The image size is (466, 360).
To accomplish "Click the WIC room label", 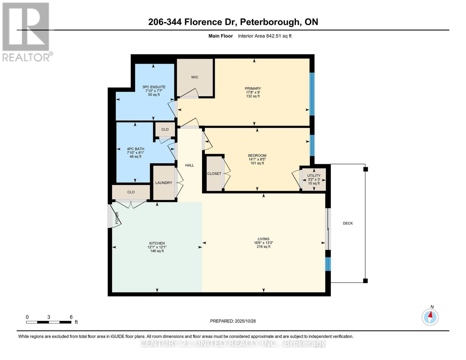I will [194, 77].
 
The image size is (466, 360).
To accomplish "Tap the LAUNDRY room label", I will [164, 183].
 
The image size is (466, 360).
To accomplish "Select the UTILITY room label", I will [314, 175].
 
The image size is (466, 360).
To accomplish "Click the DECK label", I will [348, 223].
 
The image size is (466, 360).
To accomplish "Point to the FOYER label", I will [117, 218].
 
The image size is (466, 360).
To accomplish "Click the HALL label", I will [189, 165].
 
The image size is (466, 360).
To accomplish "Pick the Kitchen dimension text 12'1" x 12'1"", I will [157, 247].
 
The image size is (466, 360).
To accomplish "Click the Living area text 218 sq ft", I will [263, 247].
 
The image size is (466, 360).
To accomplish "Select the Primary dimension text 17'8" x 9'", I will [253, 92].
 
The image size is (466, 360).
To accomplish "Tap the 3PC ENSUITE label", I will [154, 87].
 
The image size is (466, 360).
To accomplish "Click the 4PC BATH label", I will [135, 149].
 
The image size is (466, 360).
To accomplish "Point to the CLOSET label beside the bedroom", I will [214, 174].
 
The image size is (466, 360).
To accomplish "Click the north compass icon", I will [430, 317].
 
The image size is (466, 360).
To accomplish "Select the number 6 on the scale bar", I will [71, 317].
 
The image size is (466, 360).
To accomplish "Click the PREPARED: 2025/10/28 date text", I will [233, 321].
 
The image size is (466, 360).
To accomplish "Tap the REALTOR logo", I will [26, 31].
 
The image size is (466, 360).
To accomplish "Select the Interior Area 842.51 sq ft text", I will [265, 36].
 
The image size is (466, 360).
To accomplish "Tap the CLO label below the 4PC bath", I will [131, 192].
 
